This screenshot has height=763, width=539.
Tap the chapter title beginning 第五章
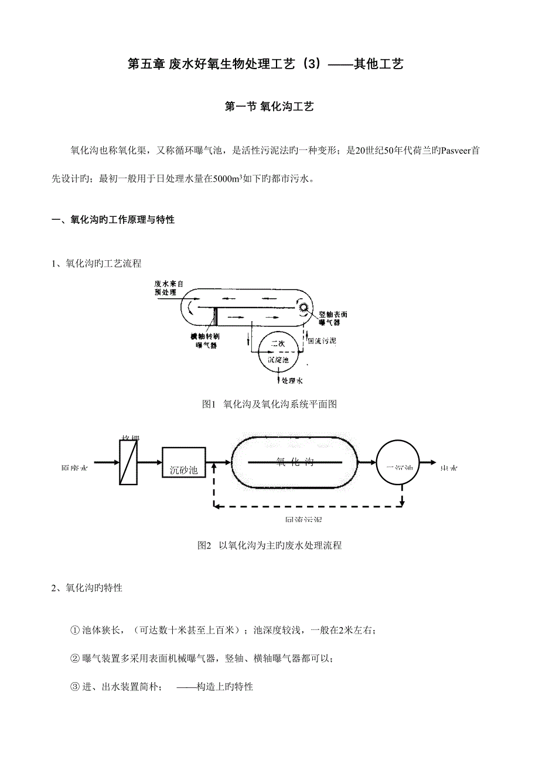pyautogui.click(x=265, y=64)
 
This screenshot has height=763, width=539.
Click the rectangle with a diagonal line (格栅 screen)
pyautogui.click(x=128, y=462)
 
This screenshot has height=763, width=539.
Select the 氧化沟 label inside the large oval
pyautogui.click(x=295, y=462)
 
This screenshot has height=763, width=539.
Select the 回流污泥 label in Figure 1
pyautogui.click(x=322, y=340)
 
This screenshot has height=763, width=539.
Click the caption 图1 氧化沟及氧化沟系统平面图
pyautogui.click(x=269, y=404)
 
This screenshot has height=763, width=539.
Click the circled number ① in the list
pyautogui.click(x=74, y=631)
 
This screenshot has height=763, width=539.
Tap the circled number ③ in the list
pyautogui.click(x=74, y=686)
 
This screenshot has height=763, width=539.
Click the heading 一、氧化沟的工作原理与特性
pyautogui.click(x=114, y=220)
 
